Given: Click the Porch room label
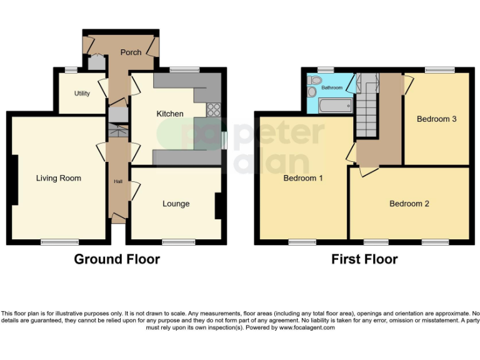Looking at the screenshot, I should pyautogui.click(x=131, y=52).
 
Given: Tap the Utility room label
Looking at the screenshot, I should pyautogui.click(x=82, y=94).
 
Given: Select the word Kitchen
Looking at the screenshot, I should pyautogui.click(x=169, y=114).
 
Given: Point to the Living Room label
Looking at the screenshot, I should pyautogui.click(x=58, y=179).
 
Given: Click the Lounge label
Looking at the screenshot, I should pyautogui.click(x=176, y=204).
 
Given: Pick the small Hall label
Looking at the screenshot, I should pyautogui.click(x=117, y=182).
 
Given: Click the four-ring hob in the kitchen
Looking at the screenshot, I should pyautogui.click(x=214, y=109).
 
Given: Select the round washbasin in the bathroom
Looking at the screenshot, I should pyautogui.click(x=312, y=92).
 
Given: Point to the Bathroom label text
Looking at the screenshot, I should pyautogui.click(x=332, y=88).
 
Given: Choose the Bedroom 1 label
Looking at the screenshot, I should pyautogui.click(x=303, y=179).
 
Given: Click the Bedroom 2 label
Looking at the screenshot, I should pyautogui.click(x=409, y=204).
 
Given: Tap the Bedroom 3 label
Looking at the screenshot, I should pyautogui.click(x=437, y=119).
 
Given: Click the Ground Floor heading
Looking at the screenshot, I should pyautogui.click(x=117, y=259).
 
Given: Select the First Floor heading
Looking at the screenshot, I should pyautogui.click(x=364, y=259).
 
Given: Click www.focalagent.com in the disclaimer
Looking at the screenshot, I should pyautogui.click(x=306, y=327).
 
